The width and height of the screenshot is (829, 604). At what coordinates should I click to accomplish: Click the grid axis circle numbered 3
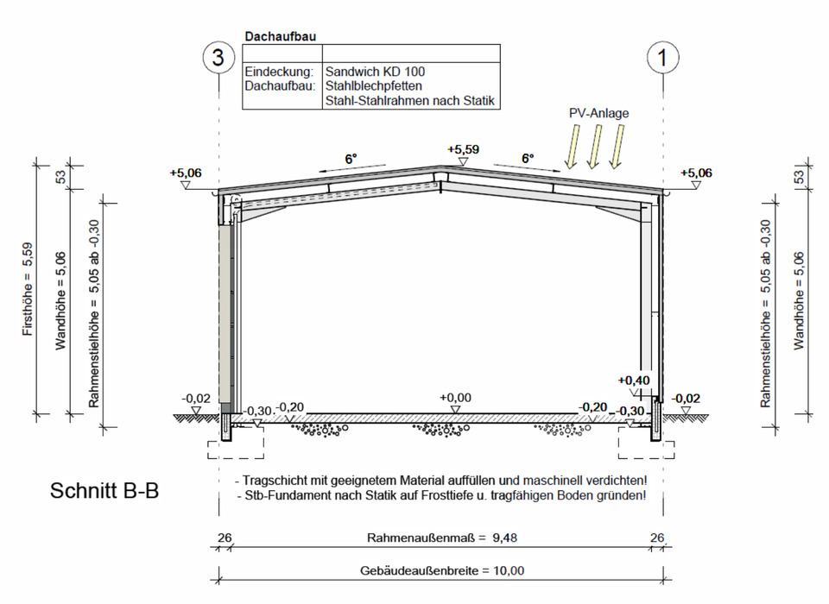coord(218,58)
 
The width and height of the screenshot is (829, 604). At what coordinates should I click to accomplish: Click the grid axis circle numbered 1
coord(663,58)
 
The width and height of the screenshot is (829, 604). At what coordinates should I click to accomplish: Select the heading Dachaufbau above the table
coord(280,36)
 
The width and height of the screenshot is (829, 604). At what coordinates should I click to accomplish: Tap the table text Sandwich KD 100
coord(375,72)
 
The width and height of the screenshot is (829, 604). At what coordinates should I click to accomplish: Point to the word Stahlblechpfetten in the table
coord(373,85)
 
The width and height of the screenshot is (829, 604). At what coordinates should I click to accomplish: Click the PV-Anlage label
coord(599,113)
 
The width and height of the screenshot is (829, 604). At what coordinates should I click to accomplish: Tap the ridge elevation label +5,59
coord(463,149)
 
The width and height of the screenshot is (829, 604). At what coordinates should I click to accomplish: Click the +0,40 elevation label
coord(634,381)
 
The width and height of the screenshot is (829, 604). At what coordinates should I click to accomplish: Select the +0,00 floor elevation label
coord(455,398)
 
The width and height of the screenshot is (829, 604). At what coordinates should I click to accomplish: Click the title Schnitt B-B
coord(104,491)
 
